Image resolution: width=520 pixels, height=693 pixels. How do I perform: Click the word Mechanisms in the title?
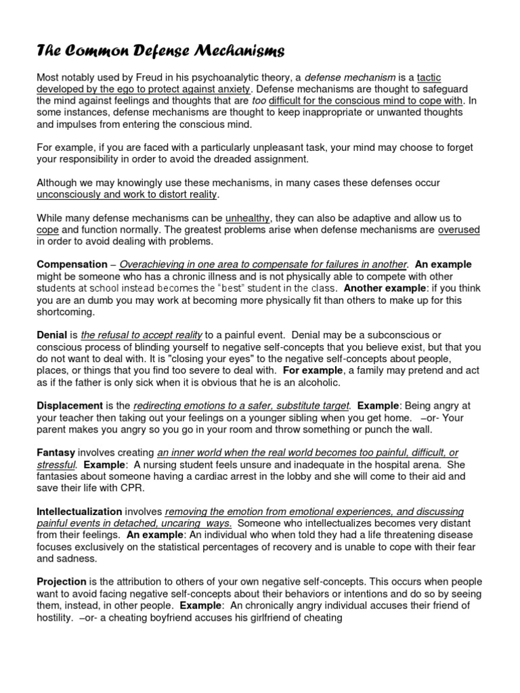223,51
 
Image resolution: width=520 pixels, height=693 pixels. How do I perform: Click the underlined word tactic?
429,78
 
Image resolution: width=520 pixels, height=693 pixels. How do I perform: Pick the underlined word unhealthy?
248,218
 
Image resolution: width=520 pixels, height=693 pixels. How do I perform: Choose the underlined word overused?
459,229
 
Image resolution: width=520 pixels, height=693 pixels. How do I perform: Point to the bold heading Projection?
62,582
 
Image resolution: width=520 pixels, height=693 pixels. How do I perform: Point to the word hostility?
56,617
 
